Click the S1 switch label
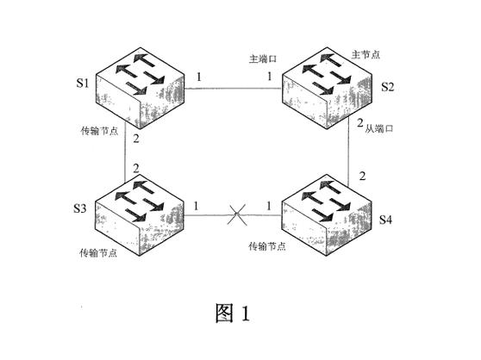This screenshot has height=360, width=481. pos(83,83)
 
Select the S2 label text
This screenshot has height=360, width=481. pos(387,87)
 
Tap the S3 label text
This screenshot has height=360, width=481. pos(80,208)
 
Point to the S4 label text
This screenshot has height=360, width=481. pos(385,220)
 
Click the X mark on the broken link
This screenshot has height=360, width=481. pos(236,214)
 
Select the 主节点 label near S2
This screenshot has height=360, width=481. pos(365,55)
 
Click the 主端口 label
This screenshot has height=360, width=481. pos(263,59)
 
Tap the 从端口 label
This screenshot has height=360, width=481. pos(379,128)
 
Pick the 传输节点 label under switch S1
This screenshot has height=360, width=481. pos(99,131)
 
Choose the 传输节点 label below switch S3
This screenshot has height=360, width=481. pos(98,253)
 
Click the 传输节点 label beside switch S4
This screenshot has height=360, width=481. pos(267,246)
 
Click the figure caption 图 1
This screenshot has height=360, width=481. pos(233,313)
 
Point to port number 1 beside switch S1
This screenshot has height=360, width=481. pos(199,77)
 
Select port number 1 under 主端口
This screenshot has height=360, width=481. pos(269,76)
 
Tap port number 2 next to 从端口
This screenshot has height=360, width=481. pos(360,123)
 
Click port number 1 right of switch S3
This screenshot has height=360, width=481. pos(196,206)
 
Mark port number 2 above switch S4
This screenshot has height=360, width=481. pos(362,177)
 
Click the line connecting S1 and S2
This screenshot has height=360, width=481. pos(233,89)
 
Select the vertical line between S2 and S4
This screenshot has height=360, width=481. pos(348,152)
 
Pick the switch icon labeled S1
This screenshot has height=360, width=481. pos(141,88)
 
